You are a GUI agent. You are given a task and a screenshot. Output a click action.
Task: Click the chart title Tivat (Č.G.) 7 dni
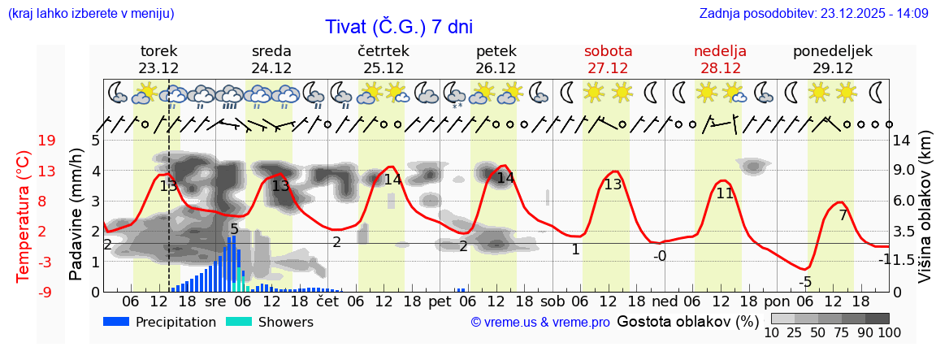tap(399, 27)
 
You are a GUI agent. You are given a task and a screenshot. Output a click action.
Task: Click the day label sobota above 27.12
tap(608, 51)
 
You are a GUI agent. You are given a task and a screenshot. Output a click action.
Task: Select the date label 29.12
tap(832, 68)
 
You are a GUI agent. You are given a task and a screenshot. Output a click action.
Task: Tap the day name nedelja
tap(720, 51)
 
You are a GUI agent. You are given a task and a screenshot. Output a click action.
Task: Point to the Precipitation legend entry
tap(159, 322)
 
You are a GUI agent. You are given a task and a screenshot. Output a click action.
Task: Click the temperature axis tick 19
tap(47, 141)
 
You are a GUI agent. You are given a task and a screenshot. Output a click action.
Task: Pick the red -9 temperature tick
tap(47, 292)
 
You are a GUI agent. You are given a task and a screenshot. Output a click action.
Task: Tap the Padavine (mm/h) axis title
tap(76, 215)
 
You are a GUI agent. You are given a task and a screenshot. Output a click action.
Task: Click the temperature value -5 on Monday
tap(804, 282)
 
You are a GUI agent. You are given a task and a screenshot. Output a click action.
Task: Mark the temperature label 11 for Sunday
tap(725, 193)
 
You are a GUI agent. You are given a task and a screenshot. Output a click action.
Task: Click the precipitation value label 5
tap(234, 229)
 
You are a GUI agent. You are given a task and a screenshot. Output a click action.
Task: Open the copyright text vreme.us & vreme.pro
tap(540, 323)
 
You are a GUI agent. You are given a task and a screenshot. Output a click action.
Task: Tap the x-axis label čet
tap(327, 301)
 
